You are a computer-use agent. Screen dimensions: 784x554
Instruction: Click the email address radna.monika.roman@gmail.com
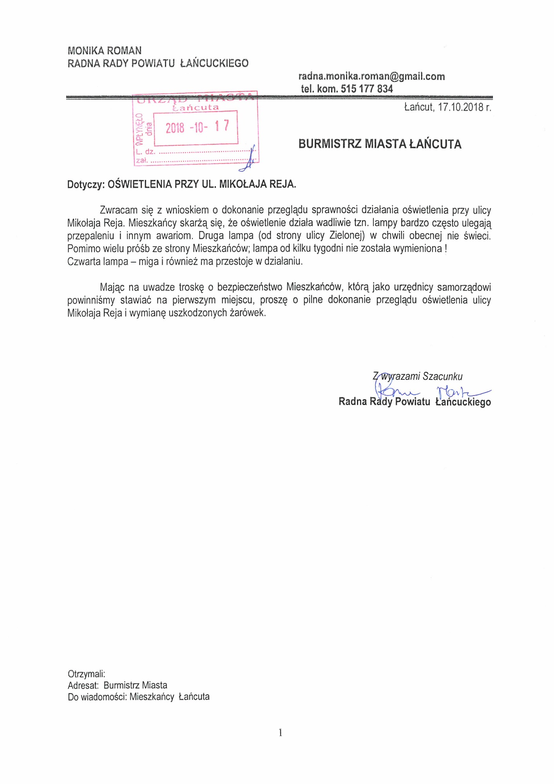(371, 76)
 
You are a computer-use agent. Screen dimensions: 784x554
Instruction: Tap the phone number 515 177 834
(366, 89)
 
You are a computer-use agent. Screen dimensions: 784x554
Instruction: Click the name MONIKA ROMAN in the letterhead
(105, 51)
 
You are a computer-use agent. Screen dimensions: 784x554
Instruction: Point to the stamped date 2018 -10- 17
(197, 127)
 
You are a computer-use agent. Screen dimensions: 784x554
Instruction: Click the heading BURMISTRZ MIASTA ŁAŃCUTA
(380, 144)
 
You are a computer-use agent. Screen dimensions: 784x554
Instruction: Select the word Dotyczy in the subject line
(85, 184)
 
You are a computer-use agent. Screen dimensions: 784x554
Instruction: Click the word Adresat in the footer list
(82, 685)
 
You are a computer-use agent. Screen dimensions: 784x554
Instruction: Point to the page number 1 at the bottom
(280, 732)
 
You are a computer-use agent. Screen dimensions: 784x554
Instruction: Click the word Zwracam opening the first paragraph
(118, 210)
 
